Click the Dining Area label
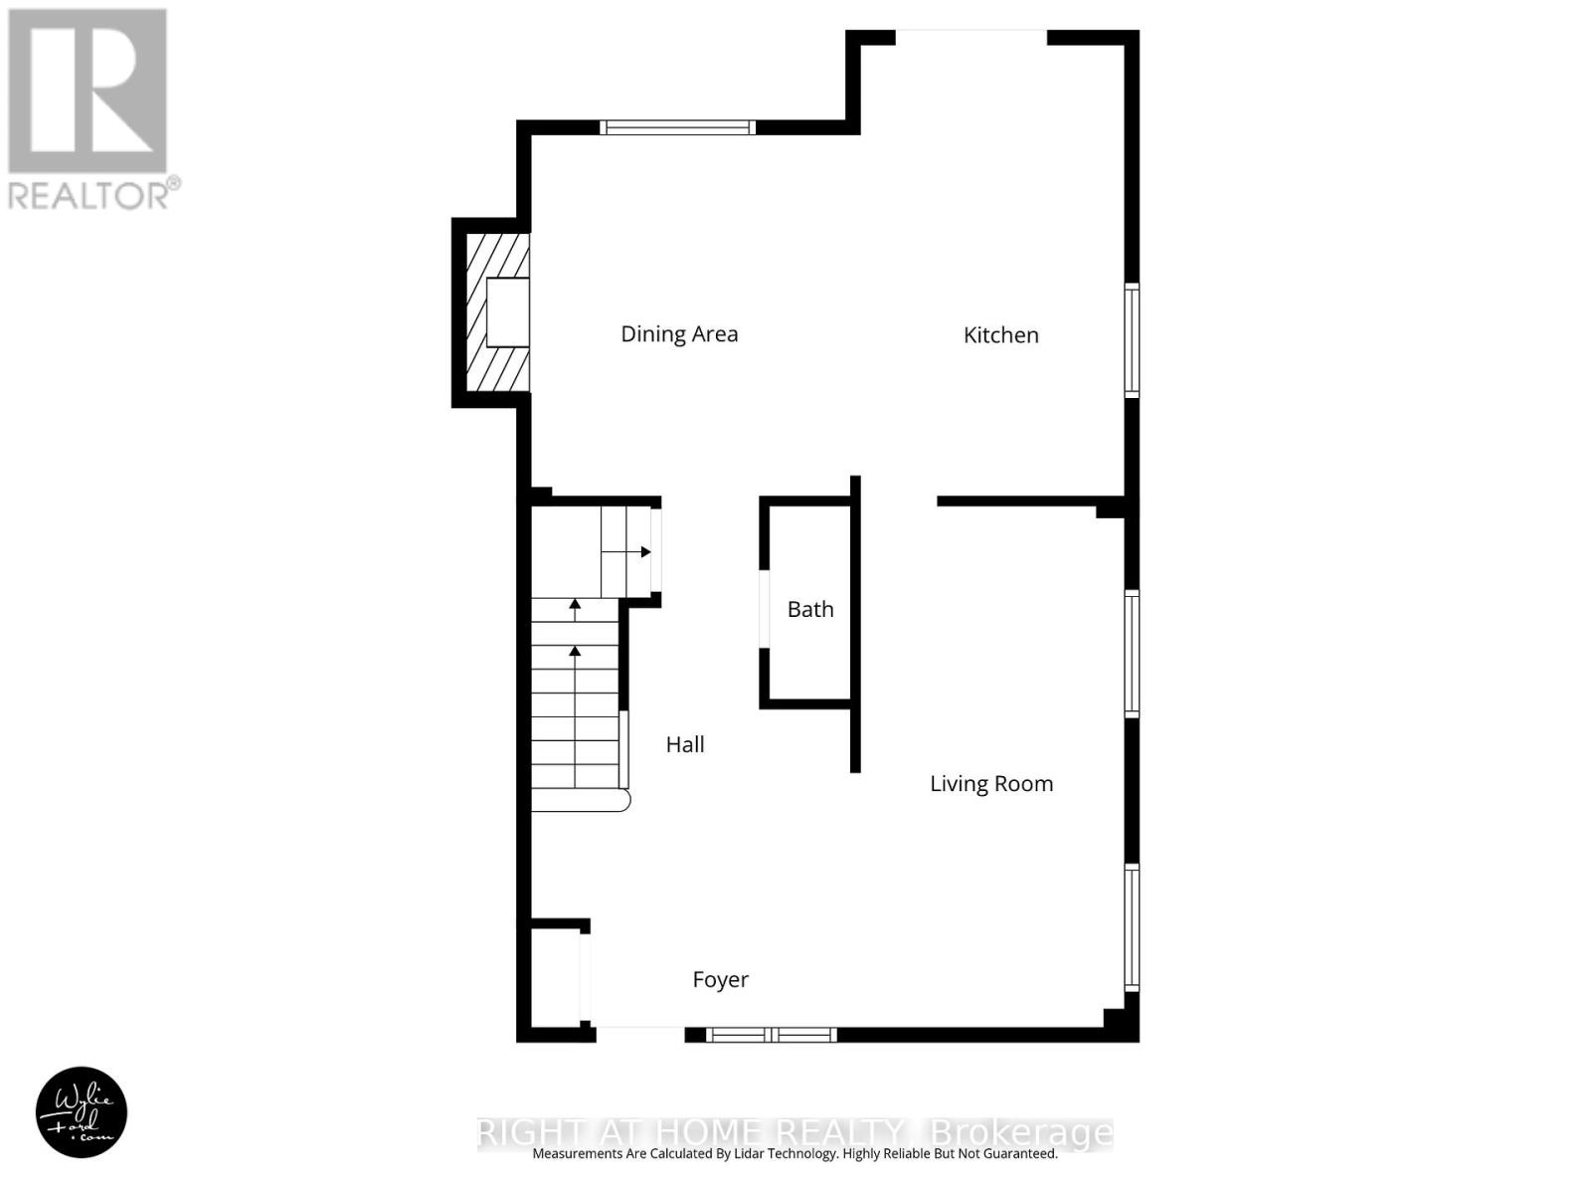click(679, 334)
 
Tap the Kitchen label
click(1000, 335)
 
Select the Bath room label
click(810, 609)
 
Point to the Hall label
click(685, 744)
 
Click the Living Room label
click(991, 784)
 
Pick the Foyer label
click(720, 980)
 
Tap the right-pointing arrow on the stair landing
click(645, 552)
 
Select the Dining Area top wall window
click(677, 127)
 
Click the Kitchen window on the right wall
click(1132, 340)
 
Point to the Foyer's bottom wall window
click(772, 1036)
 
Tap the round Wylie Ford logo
click(82, 1112)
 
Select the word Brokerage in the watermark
click(1020, 1132)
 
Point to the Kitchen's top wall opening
click(972, 38)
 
